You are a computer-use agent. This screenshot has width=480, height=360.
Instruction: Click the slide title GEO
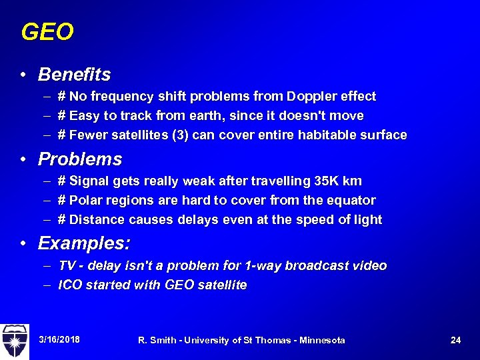pyautogui.click(x=47, y=32)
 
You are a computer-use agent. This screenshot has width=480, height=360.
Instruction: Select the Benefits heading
pyautogui.click(x=74, y=74)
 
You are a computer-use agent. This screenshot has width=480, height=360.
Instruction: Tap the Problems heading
pyautogui.click(x=80, y=159)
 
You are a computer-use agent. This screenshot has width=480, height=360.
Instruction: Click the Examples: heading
pyautogui.click(x=84, y=243)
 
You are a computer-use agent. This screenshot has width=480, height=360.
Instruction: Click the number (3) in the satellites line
pyautogui.click(x=180, y=135)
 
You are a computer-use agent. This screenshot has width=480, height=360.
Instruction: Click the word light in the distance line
pyautogui.click(x=367, y=220)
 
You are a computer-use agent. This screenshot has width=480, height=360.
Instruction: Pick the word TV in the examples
pyautogui.click(x=66, y=266)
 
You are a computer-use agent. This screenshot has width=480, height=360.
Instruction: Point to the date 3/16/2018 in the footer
pyautogui.click(x=59, y=340)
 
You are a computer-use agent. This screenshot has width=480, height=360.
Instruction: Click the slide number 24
pyautogui.click(x=455, y=340)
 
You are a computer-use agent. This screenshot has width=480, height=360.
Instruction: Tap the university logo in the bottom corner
pyautogui.click(x=14, y=341)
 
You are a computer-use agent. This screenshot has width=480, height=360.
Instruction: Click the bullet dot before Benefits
pyautogui.click(x=23, y=75)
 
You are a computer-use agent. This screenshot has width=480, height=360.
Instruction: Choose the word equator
pyautogui.click(x=353, y=201)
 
